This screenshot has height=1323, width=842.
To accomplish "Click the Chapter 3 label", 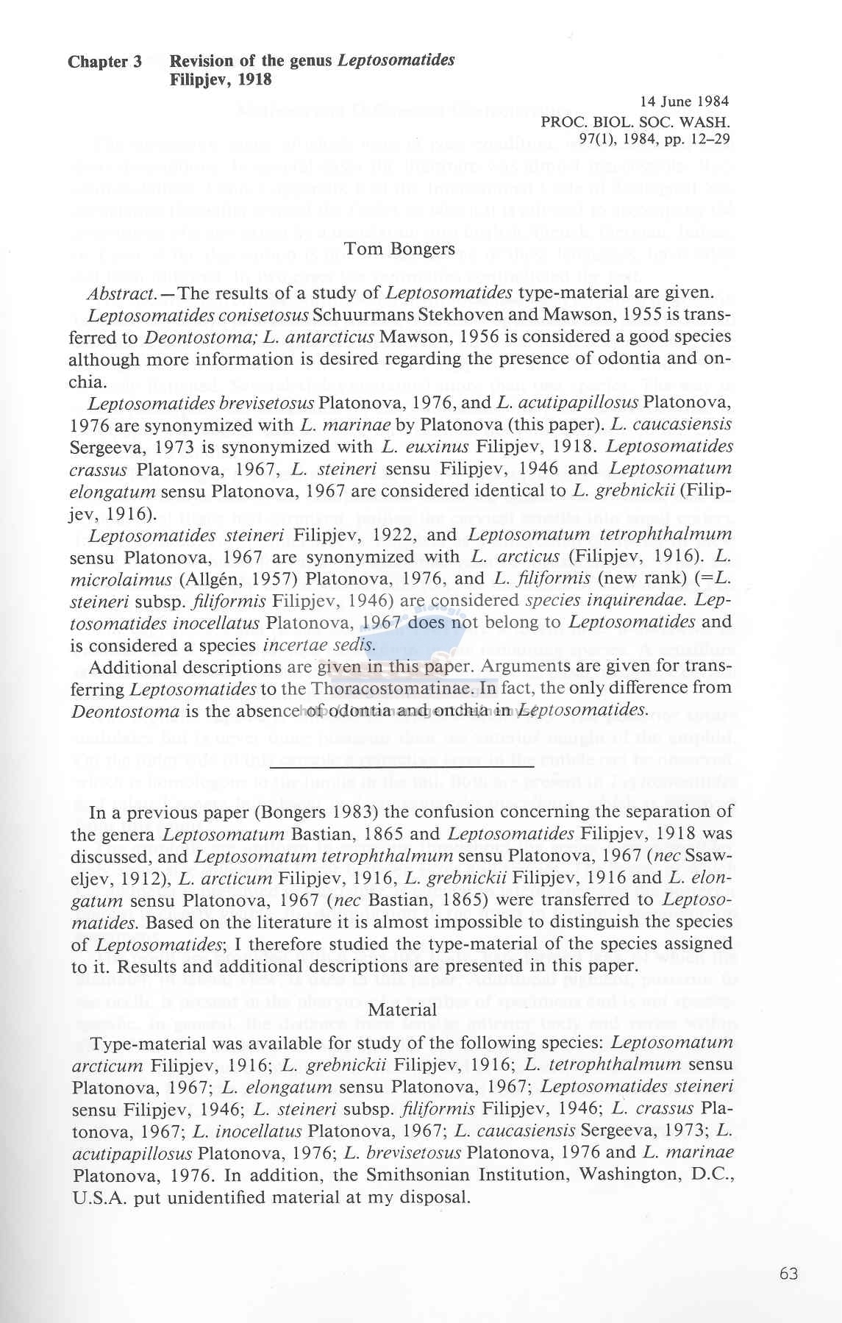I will (104, 62).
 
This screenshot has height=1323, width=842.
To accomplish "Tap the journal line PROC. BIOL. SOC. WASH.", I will (635, 121).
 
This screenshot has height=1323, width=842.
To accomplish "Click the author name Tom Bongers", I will (400, 249).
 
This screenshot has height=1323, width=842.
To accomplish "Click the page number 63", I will (788, 1274).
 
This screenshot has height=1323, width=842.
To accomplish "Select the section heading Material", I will (402, 1010).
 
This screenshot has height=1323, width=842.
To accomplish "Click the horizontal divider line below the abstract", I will (402, 767).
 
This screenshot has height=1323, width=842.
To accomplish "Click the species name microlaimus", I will (120, 580).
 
